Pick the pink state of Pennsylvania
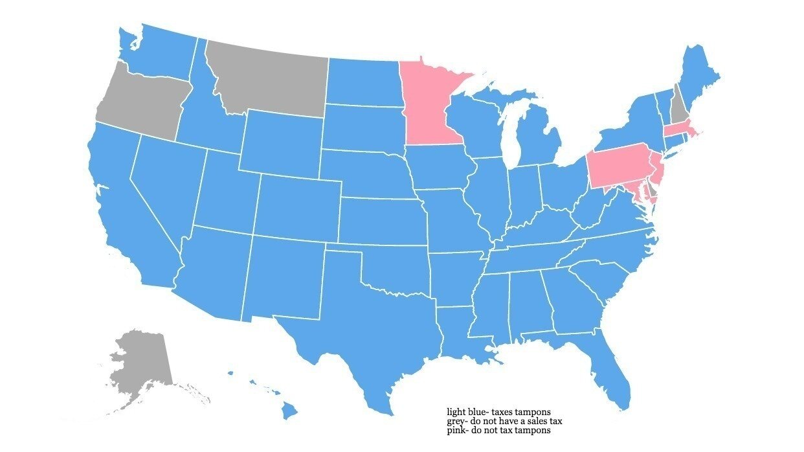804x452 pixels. (x=618, y=165)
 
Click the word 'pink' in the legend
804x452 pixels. (x=455, y=430)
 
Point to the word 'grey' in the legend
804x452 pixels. (x=456, y=421)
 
